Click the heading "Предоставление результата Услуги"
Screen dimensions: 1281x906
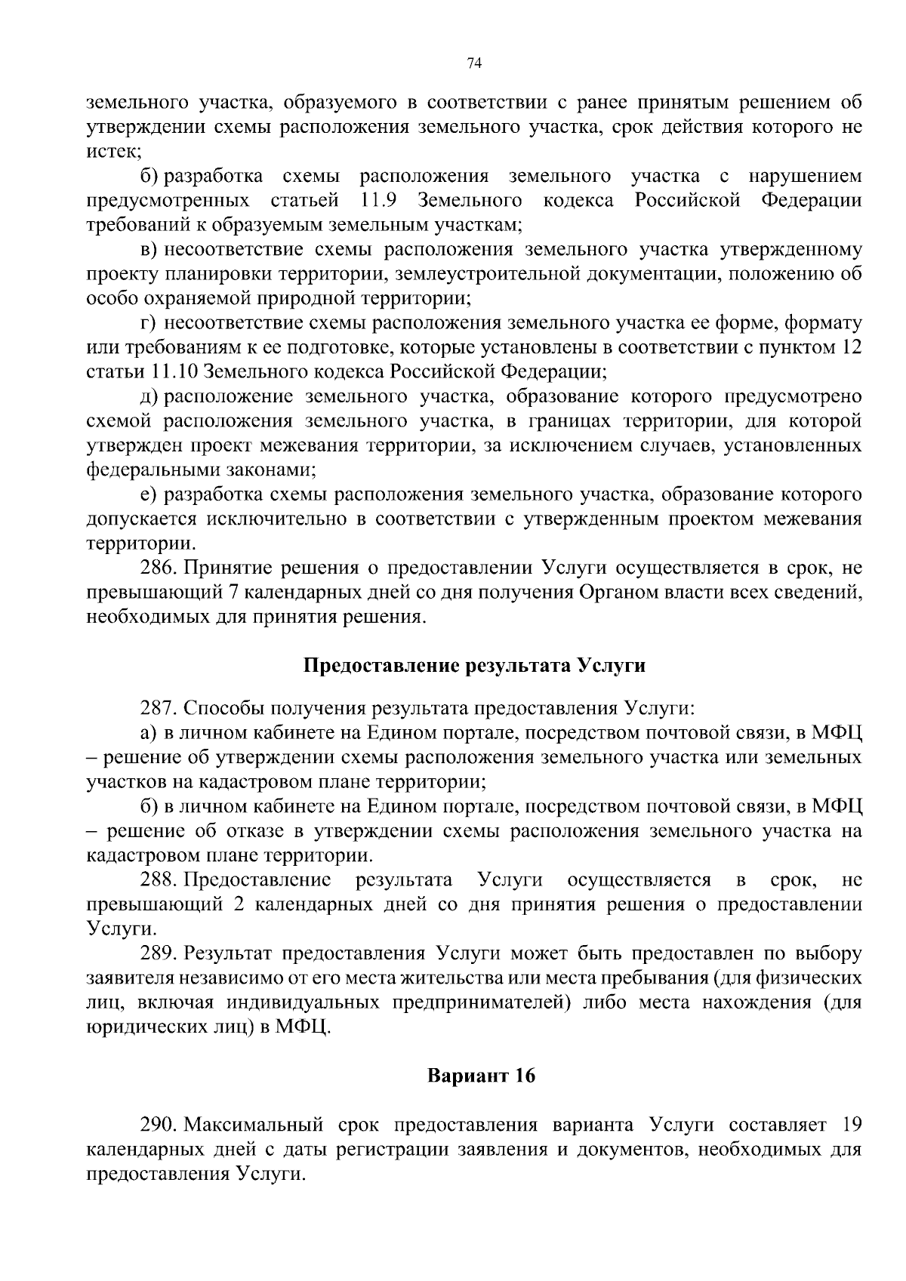(474, 666)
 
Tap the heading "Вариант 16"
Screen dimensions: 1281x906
(482, 1076)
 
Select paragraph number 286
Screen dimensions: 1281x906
(159, 568)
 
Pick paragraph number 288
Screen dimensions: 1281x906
(159, 880)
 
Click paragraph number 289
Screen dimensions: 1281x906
(159, 954)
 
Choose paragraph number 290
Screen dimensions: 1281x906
(159, 1125)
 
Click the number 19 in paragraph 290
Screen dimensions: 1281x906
(851, 1125)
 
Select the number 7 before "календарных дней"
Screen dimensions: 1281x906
(233, 593)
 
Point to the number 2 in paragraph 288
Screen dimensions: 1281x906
(239, 905)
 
